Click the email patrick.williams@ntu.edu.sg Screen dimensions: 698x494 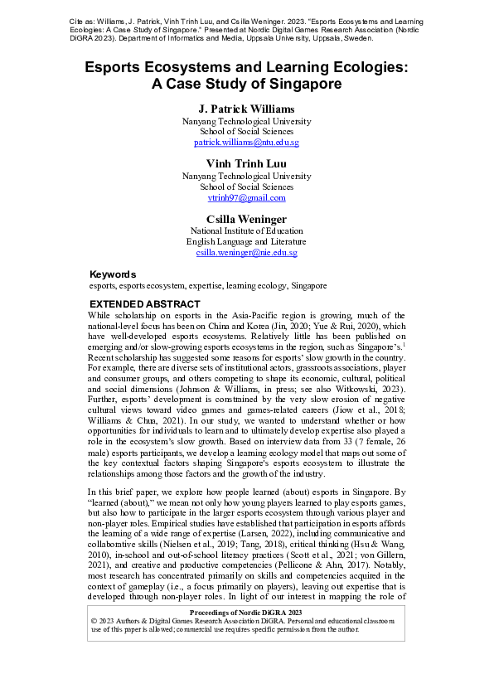pyautogui.click(x=246, y=143)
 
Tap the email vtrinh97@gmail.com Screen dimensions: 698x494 pyautogui.click(x=246, y=198)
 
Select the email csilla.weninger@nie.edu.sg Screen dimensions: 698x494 pyautogui.click(x=246, y=252)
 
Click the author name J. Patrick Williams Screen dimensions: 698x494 pyautogui.click(x=246, y=109)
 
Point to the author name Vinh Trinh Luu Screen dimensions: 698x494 pyautogui.click(x=246, y=163)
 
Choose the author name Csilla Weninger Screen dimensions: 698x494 pyautogui.click(x=246, y=218)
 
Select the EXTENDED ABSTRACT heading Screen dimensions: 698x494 pyautogui.click(x=144, y=304)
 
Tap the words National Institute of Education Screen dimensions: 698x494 pyautogui.click(x=246, y=230)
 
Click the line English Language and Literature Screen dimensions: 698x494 pyautogui.click(x=246, y=241)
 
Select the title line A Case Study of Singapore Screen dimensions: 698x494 pyautogui.click(x=246, y=84)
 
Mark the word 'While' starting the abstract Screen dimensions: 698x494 pyautogui.click(x=100, y=316)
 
